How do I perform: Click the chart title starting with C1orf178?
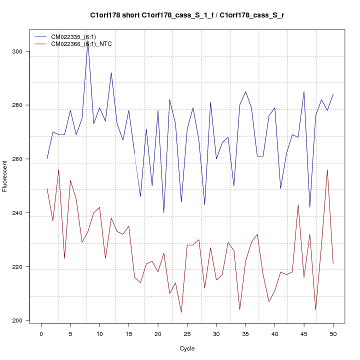click(187, 15)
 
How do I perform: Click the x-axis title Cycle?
click(187, 348)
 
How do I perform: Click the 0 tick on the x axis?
click(41, 333)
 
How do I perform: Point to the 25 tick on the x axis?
click(187, 333)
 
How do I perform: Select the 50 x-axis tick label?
click(333, 333)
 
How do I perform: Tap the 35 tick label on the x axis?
click(245, 333)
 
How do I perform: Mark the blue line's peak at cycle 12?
click(111, 73)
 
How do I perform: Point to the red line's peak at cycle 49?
click(327, 170)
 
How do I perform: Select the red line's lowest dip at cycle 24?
click(181, 312)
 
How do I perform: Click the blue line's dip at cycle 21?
click(163, 212)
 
